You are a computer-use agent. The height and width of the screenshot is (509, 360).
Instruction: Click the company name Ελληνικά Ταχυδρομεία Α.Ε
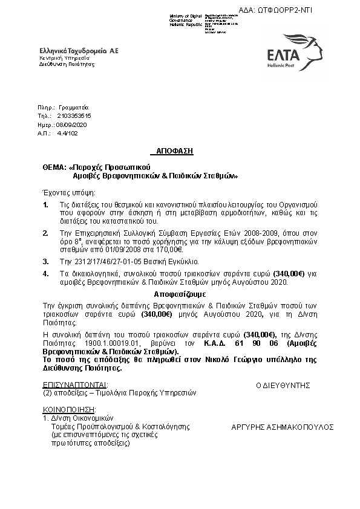point(79,51)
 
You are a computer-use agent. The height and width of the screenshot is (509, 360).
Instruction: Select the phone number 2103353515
point(74,115)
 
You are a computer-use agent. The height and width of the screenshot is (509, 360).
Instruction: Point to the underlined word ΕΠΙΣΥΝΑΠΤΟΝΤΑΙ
point(75,384)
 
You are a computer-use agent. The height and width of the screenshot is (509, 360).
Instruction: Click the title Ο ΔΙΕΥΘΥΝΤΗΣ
point(283,384)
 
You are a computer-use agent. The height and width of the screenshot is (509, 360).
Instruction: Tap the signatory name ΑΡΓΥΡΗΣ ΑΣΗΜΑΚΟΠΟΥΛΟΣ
point(283,427)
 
